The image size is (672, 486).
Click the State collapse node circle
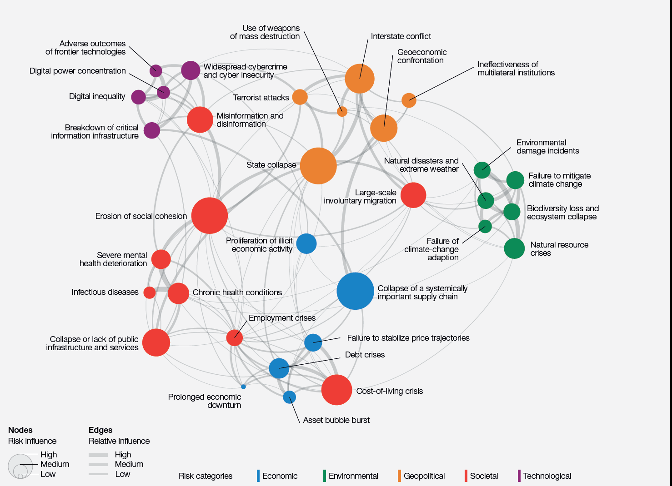tap(318, 166)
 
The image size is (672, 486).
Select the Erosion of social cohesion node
tap(209, 216)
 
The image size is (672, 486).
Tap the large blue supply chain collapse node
tap(355, 291)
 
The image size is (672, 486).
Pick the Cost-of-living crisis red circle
tap(336, 390)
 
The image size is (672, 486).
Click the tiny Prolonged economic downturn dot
tap(244, 387)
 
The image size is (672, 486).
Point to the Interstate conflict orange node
tap(359, 79)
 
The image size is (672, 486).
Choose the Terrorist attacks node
tap(300, 97)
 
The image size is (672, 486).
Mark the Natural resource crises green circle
tap(514, 248)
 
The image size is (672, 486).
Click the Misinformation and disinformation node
tap(200, 119)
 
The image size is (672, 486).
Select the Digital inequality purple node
tap(138, 97)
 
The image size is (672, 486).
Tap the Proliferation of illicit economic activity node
tap(306, 244)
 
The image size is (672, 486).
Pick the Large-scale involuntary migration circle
tap(413, 195)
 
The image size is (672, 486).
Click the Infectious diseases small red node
tap(150, 293)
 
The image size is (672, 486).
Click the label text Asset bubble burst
tap(336, 420)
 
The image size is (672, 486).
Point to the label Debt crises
tap(365, 355)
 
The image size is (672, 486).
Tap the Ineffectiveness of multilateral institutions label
tap(516, 69)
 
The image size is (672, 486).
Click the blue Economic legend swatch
tap(258, 476)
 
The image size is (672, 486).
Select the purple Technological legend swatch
tap(519, 476)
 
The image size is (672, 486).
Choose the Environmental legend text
tap(353, 476)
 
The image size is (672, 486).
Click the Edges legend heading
tap(100, 430)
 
